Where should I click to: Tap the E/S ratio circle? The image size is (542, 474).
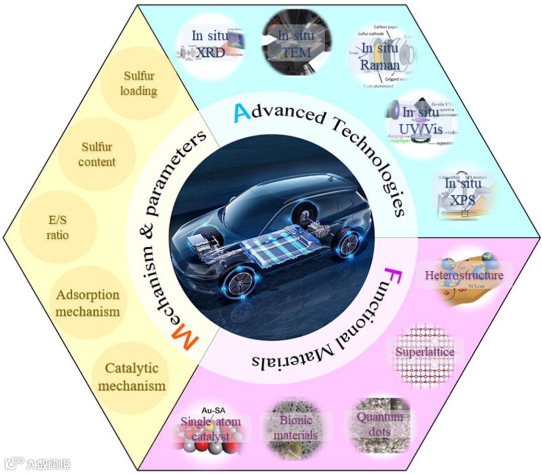[x=57, y=228]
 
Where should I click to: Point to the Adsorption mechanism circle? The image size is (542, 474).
[x=88, y=302]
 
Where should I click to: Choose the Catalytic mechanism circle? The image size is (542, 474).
[x=132, y=377]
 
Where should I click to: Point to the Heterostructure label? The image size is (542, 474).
[x=463, y=275]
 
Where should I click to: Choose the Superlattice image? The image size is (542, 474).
[x=424, y=352]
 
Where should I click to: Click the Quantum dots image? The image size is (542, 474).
[x=380, y=424]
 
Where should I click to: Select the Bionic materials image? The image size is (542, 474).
[x=296, y=428]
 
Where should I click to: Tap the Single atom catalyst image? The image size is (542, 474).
[x=210, y=429]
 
